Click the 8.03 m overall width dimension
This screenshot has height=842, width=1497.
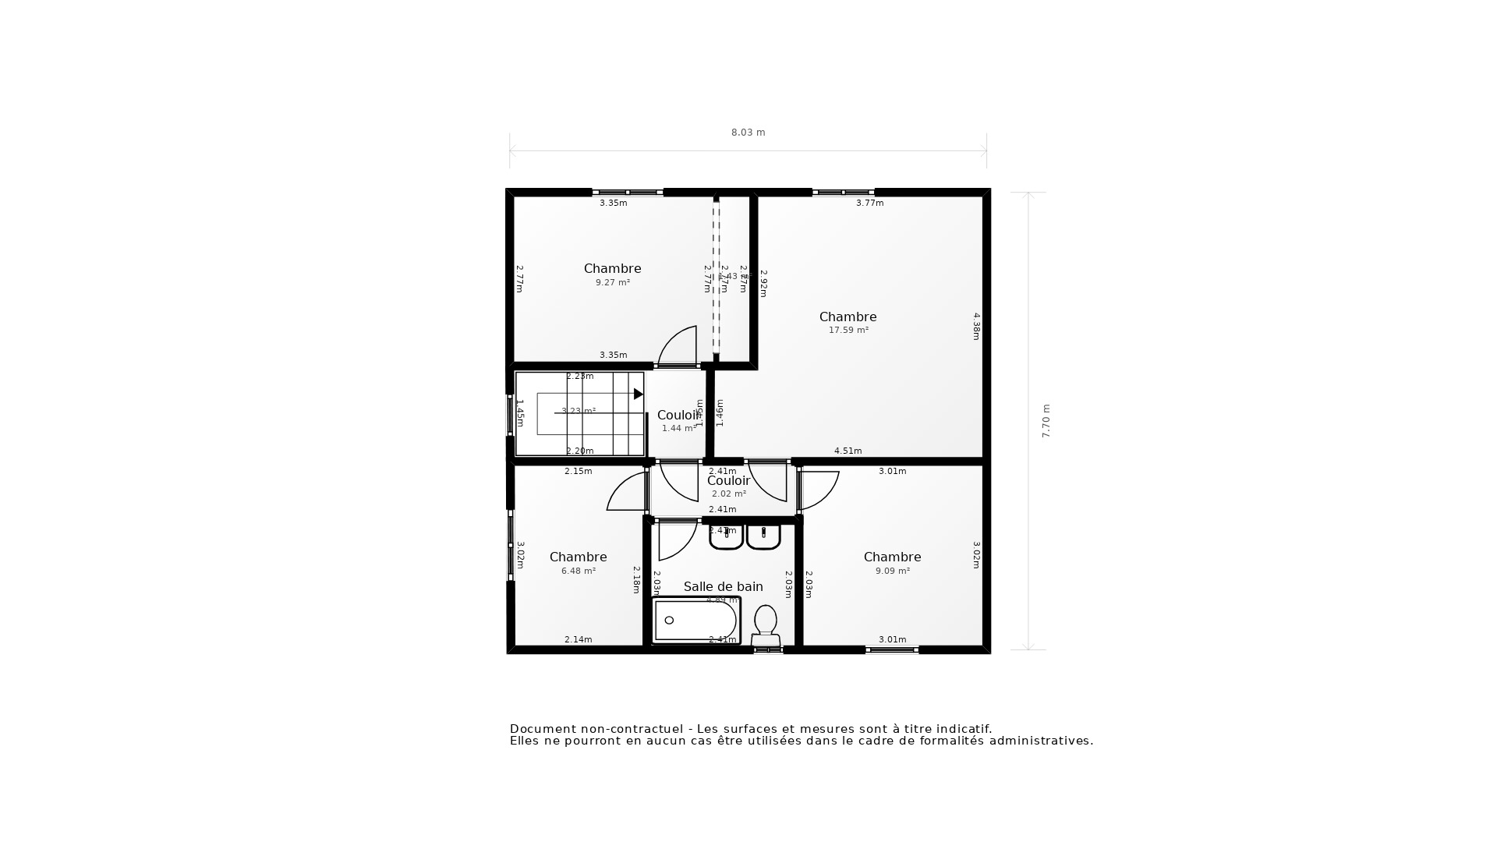[748, 133]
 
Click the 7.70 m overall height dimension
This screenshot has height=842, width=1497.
[1046, 421]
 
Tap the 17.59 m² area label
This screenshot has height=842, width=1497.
[848, 331]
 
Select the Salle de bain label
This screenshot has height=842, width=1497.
[723, 586]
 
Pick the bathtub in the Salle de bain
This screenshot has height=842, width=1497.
[695, 621]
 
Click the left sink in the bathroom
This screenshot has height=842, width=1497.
[726, 536]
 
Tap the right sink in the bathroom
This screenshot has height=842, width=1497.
[763, 536]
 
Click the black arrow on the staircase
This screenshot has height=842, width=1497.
[638, 394]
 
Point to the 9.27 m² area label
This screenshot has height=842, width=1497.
[613, 283]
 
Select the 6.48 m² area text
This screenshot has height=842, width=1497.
[579, 571]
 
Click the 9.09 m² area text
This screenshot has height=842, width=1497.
[893, 571]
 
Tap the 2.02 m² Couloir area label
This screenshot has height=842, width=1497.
[729, 494]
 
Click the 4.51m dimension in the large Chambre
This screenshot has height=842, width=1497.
[848, 451]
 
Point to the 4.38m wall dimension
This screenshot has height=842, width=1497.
[976, 326]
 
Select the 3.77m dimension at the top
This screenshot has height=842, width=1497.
[870, 203]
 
